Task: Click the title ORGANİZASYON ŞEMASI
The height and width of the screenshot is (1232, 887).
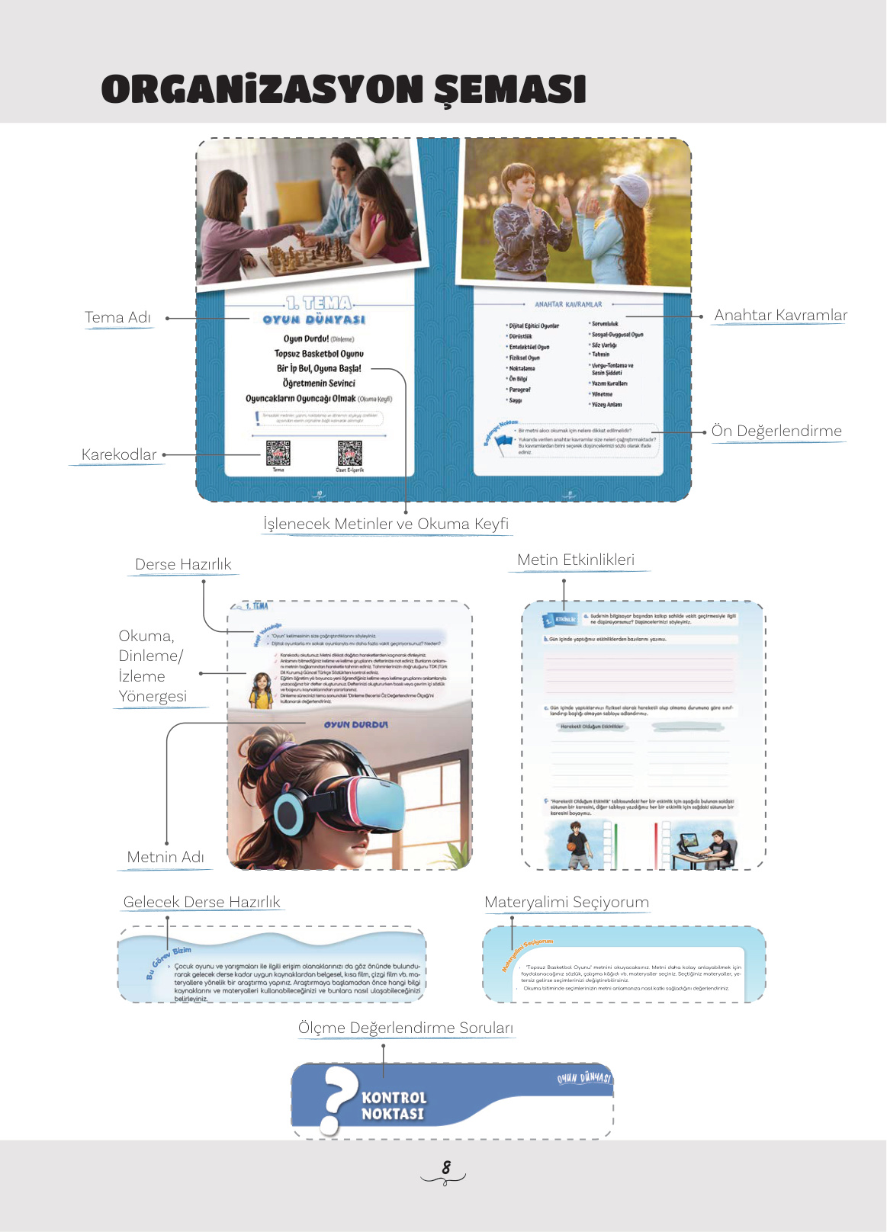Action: pos(343,89)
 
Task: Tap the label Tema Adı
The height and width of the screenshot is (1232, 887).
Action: pos(117,317)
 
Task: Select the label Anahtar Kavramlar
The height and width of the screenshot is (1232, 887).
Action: pos(780,315)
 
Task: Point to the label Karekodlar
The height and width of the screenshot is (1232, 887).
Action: pos(118,454)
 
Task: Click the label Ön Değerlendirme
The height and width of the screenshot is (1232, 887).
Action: pos(776,431)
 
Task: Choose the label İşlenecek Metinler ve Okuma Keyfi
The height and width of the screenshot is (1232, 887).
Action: pos(386,524)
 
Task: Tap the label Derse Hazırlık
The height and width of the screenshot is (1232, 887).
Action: pos(183,564)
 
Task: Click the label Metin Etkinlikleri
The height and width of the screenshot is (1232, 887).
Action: pos(576,560)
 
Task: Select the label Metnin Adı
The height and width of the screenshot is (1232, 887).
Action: pos(166,857)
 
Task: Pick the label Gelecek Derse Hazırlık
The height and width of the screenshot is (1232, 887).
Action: pos(202,902)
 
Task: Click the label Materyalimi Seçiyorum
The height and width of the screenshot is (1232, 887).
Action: pos(567,902)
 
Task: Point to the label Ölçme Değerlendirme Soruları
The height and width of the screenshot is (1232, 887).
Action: pos(406,1028)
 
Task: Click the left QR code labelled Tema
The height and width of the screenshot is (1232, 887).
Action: pos(278,453)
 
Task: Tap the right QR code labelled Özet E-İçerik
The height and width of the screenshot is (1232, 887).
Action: pos(350,453)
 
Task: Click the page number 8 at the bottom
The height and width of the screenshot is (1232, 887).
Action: pos(446,1167)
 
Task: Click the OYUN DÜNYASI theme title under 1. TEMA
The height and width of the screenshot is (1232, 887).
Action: pos(314,320)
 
